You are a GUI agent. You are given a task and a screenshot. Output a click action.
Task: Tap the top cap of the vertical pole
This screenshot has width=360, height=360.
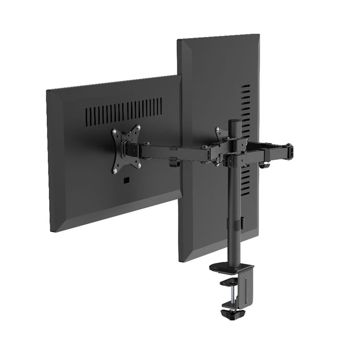click(x=235, y=122)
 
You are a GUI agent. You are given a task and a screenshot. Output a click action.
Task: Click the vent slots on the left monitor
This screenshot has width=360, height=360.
click(x=123, y=110)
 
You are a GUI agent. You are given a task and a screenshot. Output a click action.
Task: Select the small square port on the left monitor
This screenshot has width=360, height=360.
click(x=126, y=181)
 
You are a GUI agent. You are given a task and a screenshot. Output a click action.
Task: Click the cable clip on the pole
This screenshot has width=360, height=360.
click(x=238, y=223)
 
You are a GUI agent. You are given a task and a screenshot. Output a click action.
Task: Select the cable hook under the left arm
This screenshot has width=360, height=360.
click(x=173, y=164)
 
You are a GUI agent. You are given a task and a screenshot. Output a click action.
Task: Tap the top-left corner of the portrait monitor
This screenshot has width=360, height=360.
click(x=178, y=40)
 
